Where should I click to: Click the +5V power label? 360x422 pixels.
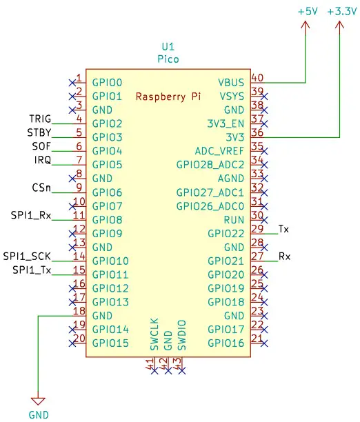point(307,12)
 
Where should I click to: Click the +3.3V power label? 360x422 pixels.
point(341,12)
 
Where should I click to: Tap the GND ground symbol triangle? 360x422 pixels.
point(39,400)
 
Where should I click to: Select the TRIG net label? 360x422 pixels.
point(41,119)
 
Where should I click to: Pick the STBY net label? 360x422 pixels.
point(39,132)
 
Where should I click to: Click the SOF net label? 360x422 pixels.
point(41,146)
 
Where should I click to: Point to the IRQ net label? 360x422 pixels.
point(42,160)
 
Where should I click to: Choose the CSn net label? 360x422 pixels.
point(41,187)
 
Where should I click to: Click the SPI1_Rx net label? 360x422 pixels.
point(31,214)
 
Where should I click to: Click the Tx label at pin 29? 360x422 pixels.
point(283,228)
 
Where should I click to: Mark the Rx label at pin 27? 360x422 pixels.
point(284,256)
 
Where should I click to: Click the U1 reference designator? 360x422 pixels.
point(168,47)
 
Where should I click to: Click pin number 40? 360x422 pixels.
point(257,78)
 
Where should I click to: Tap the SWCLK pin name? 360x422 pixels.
point(154,333)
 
